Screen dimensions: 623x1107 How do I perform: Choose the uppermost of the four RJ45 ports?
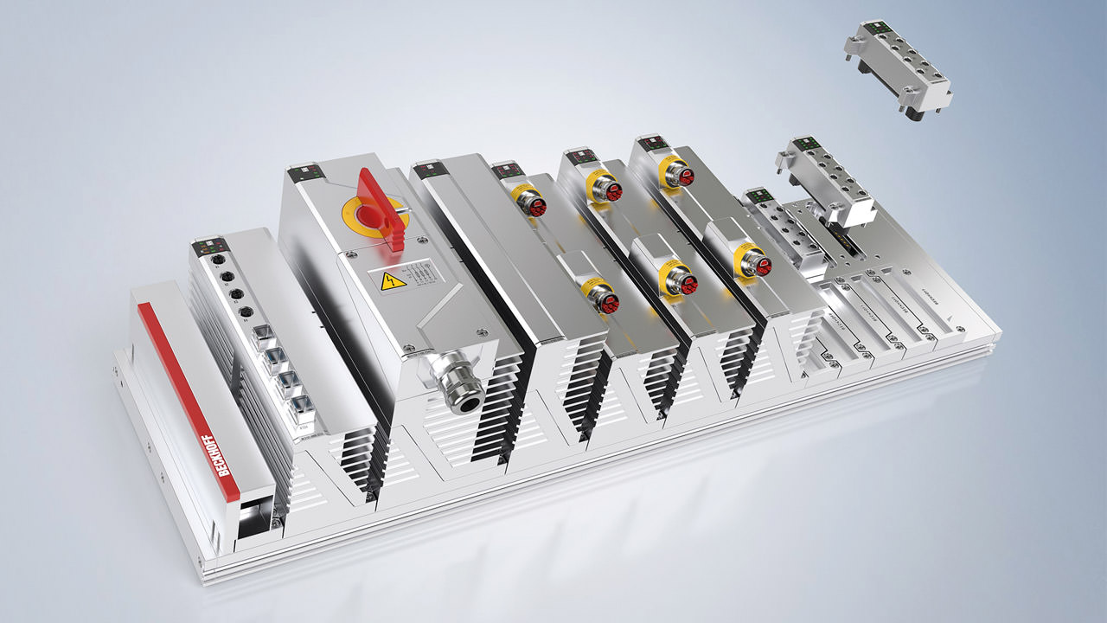pyautogui.click(x=261, y=334)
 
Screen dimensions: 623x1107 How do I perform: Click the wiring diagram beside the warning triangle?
pyautogui.click(x=420, y=272)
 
